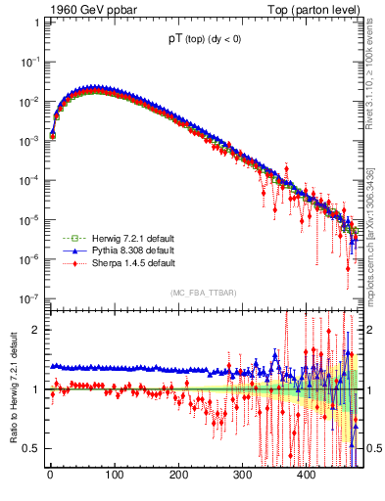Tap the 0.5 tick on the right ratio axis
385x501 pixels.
click(373, 448)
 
